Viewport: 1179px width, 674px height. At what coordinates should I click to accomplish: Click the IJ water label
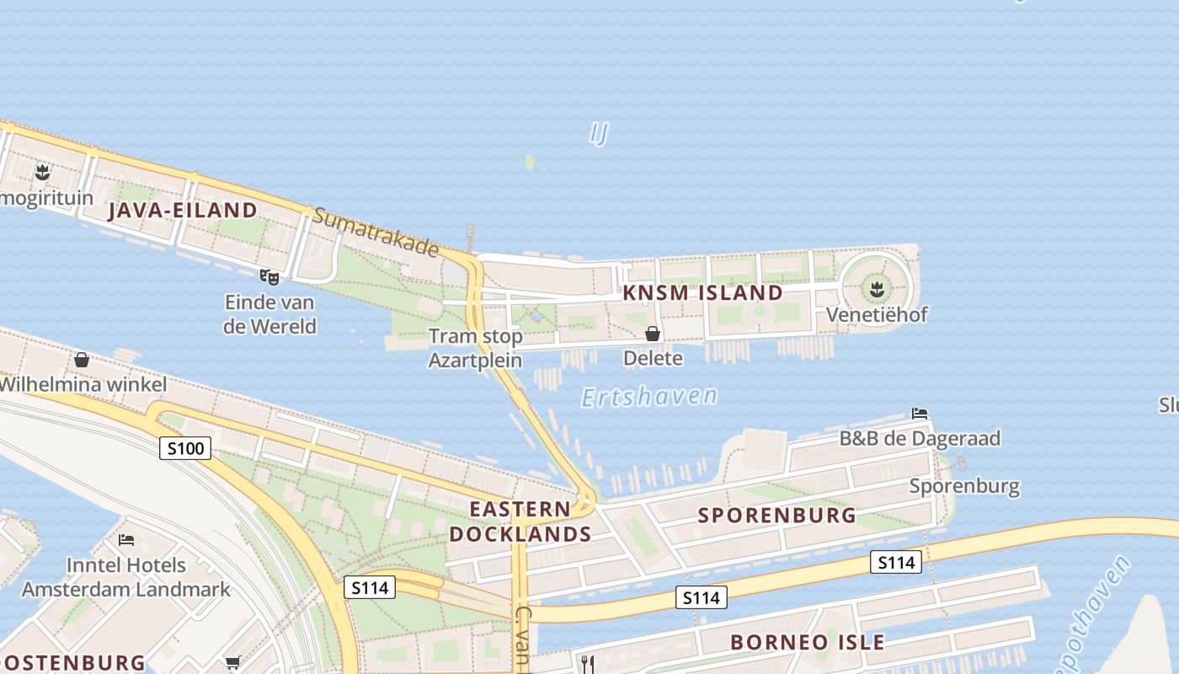tap(599, 133)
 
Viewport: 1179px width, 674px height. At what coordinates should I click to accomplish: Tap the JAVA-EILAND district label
tap(182, 210)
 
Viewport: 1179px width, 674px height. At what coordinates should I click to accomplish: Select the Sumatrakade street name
tap(376, 232)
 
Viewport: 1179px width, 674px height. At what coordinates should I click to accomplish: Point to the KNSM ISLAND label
tap(702, 293)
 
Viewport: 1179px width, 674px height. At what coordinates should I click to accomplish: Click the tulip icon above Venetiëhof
tap(877, 291)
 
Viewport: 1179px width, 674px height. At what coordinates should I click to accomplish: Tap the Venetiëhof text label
tap(877, 315)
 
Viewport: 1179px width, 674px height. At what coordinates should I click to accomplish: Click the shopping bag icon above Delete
tap(653, 334)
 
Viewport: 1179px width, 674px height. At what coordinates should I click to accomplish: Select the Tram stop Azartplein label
tap(476, 348)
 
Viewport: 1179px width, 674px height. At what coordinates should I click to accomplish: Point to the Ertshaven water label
tap(649, 396)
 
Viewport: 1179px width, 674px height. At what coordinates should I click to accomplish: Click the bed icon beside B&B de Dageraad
tap(920, 414)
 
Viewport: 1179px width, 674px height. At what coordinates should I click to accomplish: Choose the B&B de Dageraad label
tap(920, 438)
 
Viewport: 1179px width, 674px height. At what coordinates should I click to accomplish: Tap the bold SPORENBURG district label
tap(776, 516)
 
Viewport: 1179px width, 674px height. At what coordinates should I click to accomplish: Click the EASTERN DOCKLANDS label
tap(520, 522)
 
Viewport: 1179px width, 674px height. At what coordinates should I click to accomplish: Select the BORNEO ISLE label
tap(807, 642)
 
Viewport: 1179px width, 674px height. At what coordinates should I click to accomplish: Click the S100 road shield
tap(184, 448)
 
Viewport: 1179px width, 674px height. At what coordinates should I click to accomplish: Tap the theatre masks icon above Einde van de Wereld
tap(269, 276)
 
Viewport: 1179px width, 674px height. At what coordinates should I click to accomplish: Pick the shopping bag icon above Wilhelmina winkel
tap(82, 360)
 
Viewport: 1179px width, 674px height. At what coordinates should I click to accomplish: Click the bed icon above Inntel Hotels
tap(126, 539)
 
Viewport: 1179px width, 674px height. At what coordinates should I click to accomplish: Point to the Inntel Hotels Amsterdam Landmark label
tap(126, 576)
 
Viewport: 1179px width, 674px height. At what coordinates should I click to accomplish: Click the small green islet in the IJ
tap(530, 162)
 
